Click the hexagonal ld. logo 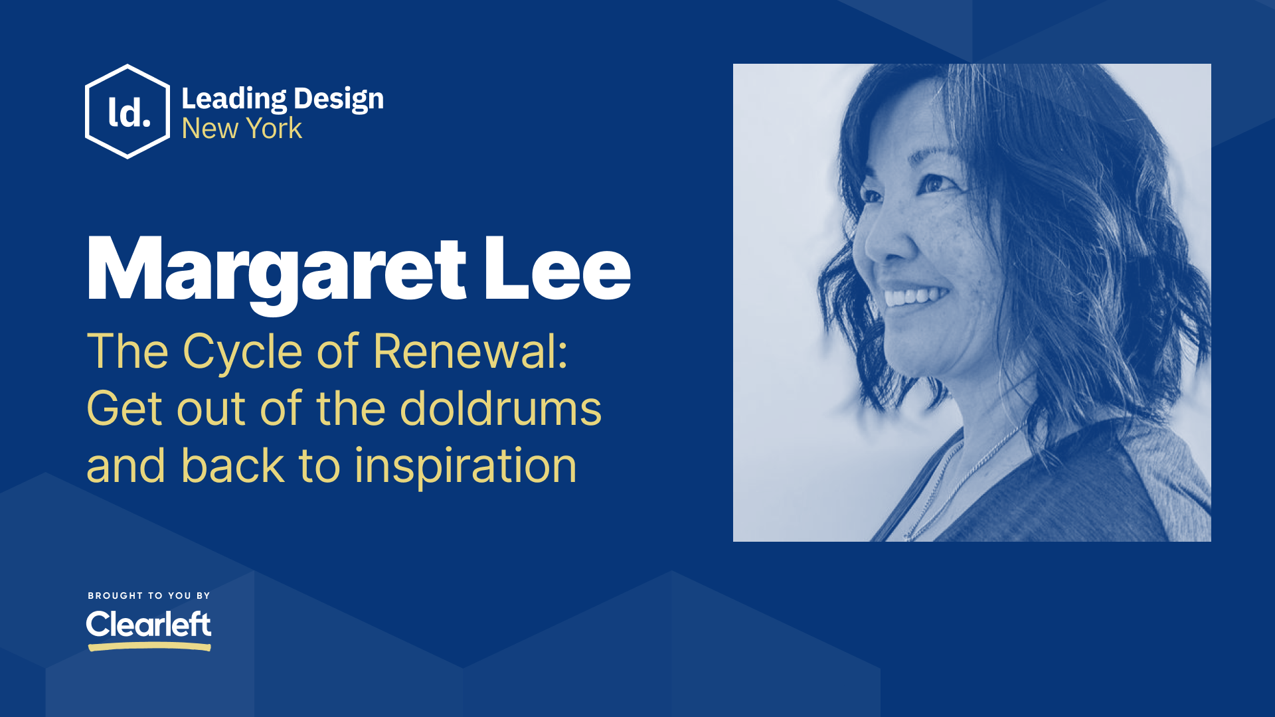127,112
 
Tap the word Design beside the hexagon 338,99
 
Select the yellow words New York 242,129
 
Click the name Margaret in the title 276,271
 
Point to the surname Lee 556,271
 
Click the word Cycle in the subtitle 242,351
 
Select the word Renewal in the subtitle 464,351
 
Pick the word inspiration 466,466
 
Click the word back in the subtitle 232,466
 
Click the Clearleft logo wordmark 149,624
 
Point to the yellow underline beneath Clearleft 149,646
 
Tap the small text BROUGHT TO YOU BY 149,596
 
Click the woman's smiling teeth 915,296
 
